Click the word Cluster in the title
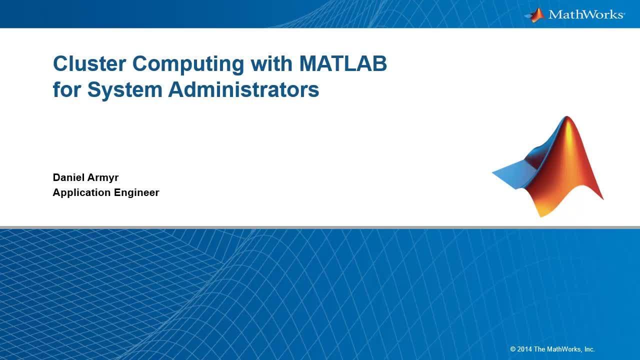89,63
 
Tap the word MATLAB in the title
343,63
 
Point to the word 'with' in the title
271,63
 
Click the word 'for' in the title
67,89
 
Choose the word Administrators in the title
243,89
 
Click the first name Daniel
68,177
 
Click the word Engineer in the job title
136,193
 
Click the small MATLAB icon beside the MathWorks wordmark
535,15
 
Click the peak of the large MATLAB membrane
567,116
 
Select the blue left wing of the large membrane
514,174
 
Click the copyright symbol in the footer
513,349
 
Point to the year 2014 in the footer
524,349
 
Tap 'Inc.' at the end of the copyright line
589,349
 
